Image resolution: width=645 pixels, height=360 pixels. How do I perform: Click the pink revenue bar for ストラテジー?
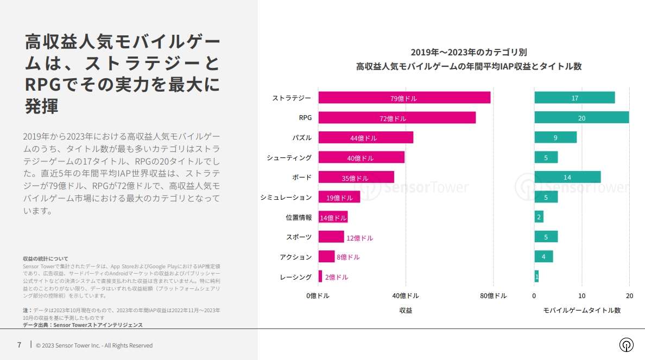click(x=404, y=98)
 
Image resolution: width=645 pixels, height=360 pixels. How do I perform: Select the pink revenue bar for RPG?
click(x=397, y=118)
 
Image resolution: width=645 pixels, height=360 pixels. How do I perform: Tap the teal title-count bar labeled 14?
click(x=567, y=177)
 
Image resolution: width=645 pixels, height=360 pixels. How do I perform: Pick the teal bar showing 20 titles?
click(x=581, y=118)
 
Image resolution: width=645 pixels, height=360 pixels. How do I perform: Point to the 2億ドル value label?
click(x=337, y=277)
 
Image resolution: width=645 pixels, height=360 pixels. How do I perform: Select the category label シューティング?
click(x=289, y=157)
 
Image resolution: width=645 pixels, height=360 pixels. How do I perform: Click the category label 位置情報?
click(x=299, y=217)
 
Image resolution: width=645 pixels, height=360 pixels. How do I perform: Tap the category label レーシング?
click(x=295, y=277)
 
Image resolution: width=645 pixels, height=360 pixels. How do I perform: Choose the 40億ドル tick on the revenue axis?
click(x=405, y=296)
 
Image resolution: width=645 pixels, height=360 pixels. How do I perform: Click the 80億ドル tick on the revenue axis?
click(x=493, y=296)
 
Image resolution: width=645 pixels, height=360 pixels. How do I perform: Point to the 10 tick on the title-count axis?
click(x=581, y=296)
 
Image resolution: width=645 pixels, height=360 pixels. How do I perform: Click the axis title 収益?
click(x=406, y=310)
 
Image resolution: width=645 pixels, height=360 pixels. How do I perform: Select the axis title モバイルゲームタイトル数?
click(x=581, y=310)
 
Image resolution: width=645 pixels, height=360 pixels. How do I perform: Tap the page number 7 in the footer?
click(x=19, y=345)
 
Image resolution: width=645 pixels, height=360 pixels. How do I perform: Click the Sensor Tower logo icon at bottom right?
click(x=627, y=345)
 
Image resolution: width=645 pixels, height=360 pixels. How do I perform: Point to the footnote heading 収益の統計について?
click(x=46, y=259)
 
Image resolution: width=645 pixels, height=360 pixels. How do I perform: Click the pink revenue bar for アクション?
click(x=326, y=257)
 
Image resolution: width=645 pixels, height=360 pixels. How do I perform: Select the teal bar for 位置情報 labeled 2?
click(x=539, y=217)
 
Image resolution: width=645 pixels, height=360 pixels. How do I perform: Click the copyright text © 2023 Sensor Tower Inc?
click(x=94, y=345)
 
